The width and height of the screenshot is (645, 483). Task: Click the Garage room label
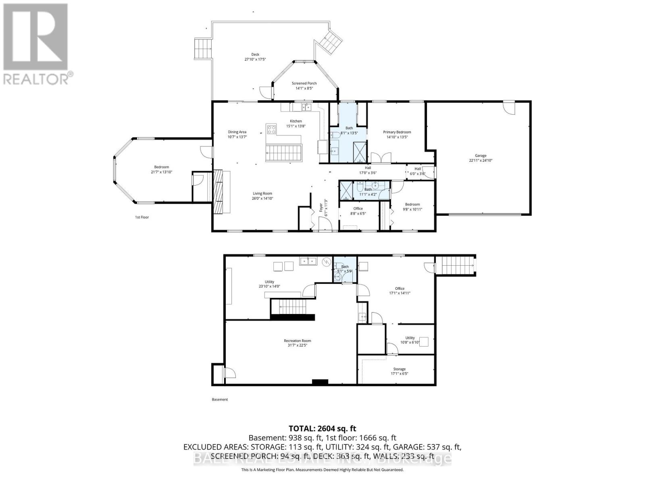click(481, 155)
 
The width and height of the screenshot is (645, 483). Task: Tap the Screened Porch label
click(304, 83)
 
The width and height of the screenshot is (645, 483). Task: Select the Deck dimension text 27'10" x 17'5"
click(255, 59)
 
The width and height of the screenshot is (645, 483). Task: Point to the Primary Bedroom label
click(397, 132)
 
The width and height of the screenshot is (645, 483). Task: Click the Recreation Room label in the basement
click(297, 341)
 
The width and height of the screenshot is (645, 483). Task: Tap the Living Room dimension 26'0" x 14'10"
click(262, 198)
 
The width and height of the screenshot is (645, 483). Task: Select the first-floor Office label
click(358, 208)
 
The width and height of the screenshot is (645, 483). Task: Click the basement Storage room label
click(399, 369)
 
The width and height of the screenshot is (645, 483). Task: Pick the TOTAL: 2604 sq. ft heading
click(322, 429)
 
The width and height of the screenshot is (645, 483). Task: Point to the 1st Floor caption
click(142, 217)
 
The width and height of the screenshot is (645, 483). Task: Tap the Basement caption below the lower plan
click(220, 399)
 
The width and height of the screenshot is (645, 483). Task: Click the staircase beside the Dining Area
click(284, 153)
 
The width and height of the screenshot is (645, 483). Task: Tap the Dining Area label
click(237, 132)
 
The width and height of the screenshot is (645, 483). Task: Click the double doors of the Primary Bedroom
click(381, 157)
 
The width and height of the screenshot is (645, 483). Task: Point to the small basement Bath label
click(345, 266)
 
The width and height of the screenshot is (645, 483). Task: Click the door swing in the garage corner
click(509, 108)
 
